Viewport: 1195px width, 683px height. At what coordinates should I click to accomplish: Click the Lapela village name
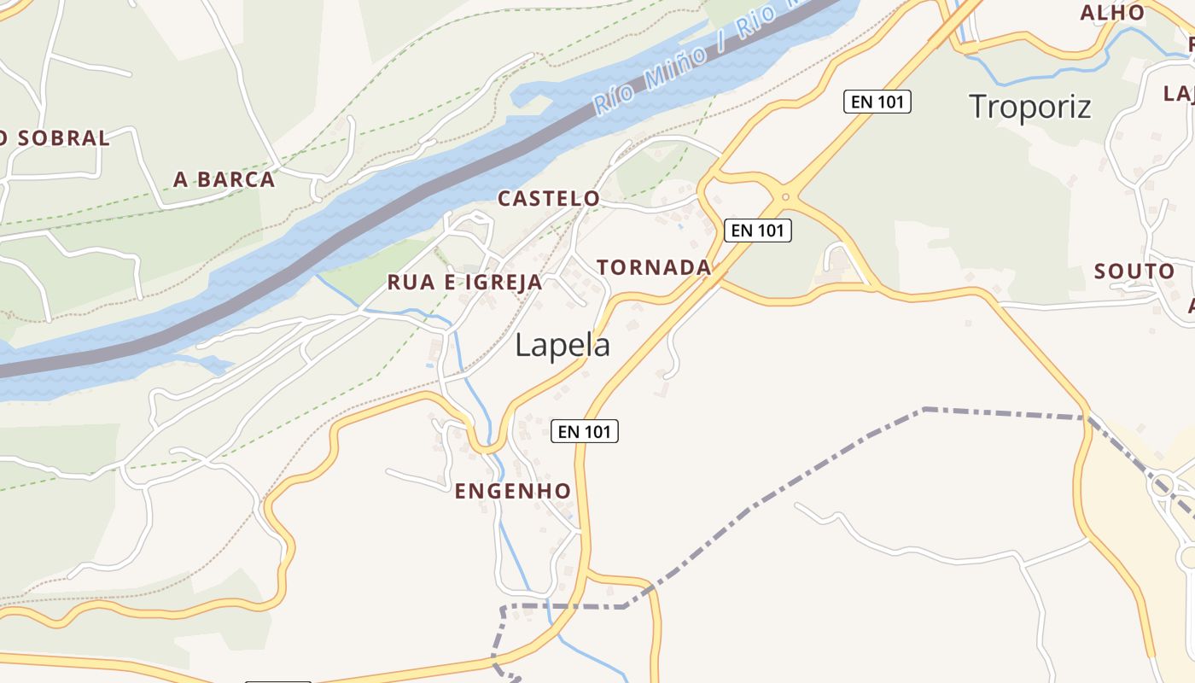click(563, 345)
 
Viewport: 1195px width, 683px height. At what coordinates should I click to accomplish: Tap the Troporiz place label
click(1030, 107)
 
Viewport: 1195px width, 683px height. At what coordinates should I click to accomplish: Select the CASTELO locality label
click(549, 199)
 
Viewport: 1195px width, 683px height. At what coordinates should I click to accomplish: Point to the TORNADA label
click(654, 267)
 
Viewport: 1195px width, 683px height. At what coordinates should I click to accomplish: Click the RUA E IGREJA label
click(464, 283)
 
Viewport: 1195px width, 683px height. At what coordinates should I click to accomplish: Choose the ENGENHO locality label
click(512, 491)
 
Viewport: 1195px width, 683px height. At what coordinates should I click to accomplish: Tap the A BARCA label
click(224, 179)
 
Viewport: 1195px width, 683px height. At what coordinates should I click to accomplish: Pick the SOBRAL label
click(64, 138)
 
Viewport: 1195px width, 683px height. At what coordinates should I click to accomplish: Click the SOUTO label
click(1134, 271)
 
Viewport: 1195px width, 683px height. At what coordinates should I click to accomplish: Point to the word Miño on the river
click(674, 69)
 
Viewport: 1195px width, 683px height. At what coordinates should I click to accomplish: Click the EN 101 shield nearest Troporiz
click(877, 102)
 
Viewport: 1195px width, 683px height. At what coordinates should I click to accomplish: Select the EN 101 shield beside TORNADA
click(758, 230)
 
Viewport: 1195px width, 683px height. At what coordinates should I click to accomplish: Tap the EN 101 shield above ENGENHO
click(585, 431)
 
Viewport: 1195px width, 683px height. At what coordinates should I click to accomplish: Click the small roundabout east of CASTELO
click(785, 196)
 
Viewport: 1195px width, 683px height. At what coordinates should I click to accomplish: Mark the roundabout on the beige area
click(1162, 487)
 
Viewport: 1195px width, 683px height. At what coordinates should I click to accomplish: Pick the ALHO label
click(1112, 13)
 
